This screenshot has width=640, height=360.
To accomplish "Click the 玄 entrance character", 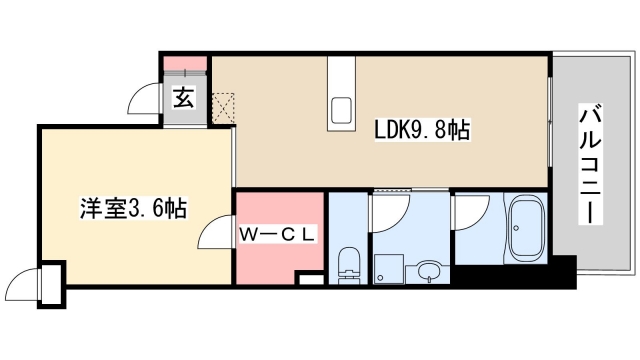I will point(184,98).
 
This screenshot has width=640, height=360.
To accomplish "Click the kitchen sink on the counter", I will point(340,109).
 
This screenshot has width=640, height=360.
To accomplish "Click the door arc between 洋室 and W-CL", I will point(214,236).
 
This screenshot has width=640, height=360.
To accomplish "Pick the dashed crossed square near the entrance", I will point(223,105).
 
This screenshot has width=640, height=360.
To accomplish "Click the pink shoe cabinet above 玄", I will point(185,65).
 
